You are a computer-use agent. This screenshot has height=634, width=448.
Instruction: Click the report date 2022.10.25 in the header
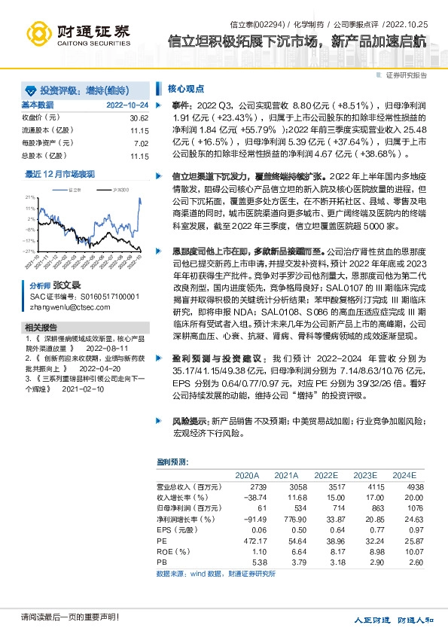410,23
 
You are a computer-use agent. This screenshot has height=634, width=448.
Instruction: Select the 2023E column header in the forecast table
366,475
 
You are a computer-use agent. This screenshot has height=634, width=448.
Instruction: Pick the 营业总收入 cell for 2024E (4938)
404,488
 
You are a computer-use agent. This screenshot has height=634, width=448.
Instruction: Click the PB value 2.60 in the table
407,562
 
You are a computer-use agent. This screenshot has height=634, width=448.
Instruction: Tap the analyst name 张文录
66,287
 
